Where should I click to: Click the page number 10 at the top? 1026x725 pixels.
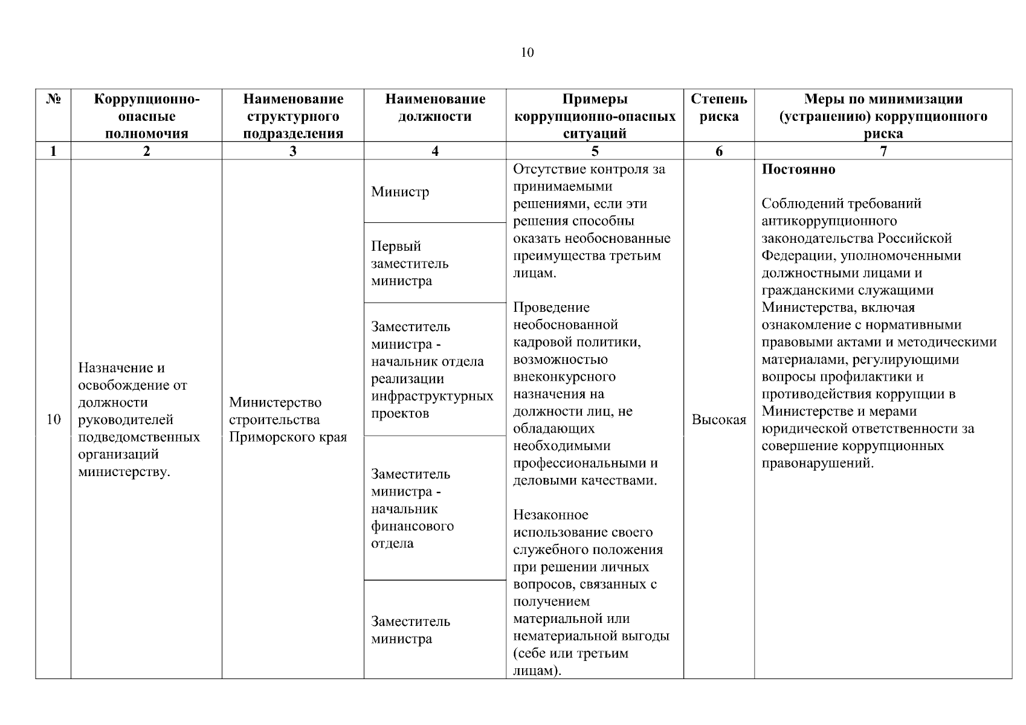527,53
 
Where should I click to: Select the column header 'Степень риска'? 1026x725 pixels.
718,108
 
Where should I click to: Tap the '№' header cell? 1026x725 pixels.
53,99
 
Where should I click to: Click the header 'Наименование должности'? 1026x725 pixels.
434,108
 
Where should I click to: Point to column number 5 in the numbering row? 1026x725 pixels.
595,151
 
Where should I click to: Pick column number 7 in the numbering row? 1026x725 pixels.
883,151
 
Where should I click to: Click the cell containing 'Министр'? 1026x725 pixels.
400,192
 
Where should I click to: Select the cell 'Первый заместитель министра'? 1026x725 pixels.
410,263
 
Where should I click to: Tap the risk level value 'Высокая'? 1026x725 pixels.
718,420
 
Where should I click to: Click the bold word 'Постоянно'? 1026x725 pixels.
798,170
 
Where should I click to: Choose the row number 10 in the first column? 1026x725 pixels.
53,420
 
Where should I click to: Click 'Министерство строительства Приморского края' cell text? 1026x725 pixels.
288,420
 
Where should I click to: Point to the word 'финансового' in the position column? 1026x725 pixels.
412,526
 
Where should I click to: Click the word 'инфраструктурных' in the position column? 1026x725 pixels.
432,396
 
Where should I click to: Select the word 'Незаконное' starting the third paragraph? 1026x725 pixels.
550,515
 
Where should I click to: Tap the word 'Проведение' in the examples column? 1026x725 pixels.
551,308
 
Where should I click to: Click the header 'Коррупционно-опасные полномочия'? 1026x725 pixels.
146,116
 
